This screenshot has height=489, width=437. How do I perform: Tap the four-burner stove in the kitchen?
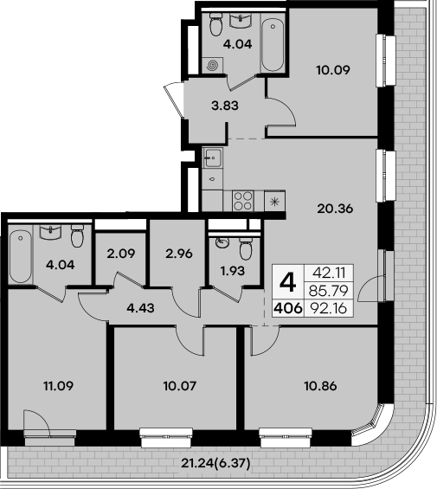coord(244,202)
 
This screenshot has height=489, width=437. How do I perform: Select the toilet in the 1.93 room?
coord(247,249)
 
